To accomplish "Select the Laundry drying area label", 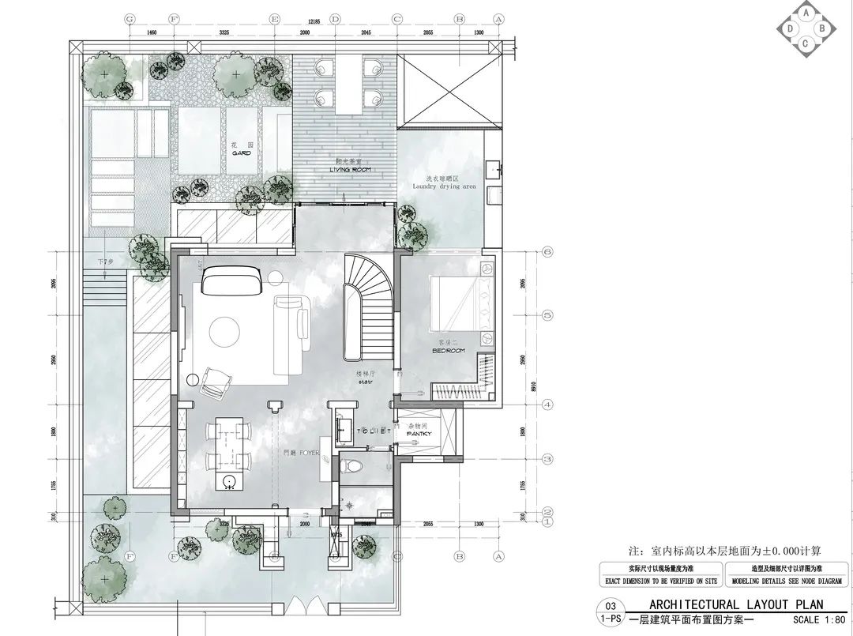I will [x=444, y=186].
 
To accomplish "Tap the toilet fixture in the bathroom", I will [x=348, y=466].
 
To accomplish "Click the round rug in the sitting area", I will [x=225, y=331].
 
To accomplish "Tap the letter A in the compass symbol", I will [x=805, y=13].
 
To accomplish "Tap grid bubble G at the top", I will [x=130, y=18].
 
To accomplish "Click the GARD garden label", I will [x=241, y=154].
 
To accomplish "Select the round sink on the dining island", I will [x=231, y=481].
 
